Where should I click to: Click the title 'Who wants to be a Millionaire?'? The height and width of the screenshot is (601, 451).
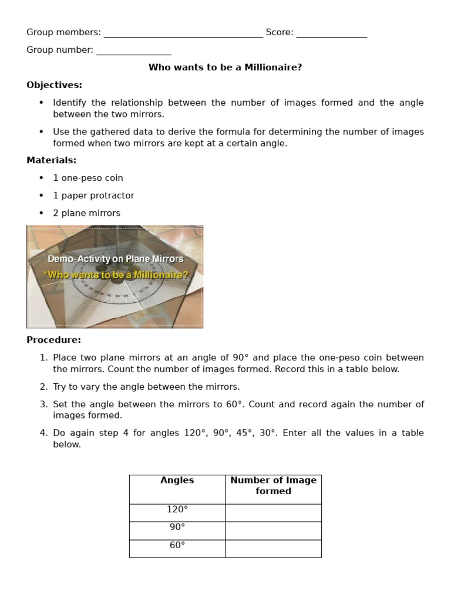[x=225, y=67]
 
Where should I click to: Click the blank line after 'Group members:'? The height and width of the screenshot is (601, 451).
[x=183, y=34]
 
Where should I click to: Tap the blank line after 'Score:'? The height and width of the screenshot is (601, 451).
[x=331, y=34]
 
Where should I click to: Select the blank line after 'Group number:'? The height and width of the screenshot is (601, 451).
[x=134, y=52]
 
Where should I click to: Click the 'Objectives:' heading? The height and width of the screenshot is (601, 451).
[x=54, y=85]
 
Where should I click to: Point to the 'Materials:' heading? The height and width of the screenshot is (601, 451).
[x=51, y=160]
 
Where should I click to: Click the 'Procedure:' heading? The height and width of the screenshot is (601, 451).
[x=53, y=340]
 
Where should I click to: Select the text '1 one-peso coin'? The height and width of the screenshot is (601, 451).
[x=87, y=178]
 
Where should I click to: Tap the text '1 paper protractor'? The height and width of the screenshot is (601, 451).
[x=93, y=195]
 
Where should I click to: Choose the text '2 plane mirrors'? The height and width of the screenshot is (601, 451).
[x=86, y=213]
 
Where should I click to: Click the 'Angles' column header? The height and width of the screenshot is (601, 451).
[x=177, y=481]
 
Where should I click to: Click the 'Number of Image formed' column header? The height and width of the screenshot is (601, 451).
[x=273, y=485]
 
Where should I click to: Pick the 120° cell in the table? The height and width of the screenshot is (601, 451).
[x=177, y=509]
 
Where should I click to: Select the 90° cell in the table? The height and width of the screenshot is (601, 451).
[x=177, y=527]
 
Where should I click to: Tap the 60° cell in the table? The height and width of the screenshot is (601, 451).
[x=177, y=545]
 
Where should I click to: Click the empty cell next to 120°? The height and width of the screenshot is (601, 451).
[x=273, y=512]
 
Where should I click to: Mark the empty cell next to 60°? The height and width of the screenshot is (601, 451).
[x=273, y=548]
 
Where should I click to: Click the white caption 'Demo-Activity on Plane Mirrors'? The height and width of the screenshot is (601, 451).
[x=115, y=259]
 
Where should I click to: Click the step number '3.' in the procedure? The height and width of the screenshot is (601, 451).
[x=43, y=404]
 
